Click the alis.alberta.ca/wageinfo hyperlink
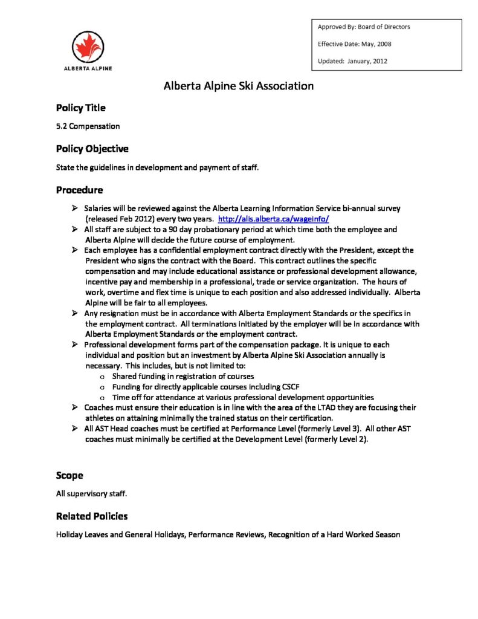[273, 219]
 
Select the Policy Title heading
[80, 108]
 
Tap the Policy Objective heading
[92, 149]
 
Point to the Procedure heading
[79, 190]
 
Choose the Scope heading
[69, 475]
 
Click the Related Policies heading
[91, 516]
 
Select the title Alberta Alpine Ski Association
[239, 86]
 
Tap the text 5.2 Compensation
[88, 126]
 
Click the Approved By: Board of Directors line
[364, 27]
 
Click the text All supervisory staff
[91, 494]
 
